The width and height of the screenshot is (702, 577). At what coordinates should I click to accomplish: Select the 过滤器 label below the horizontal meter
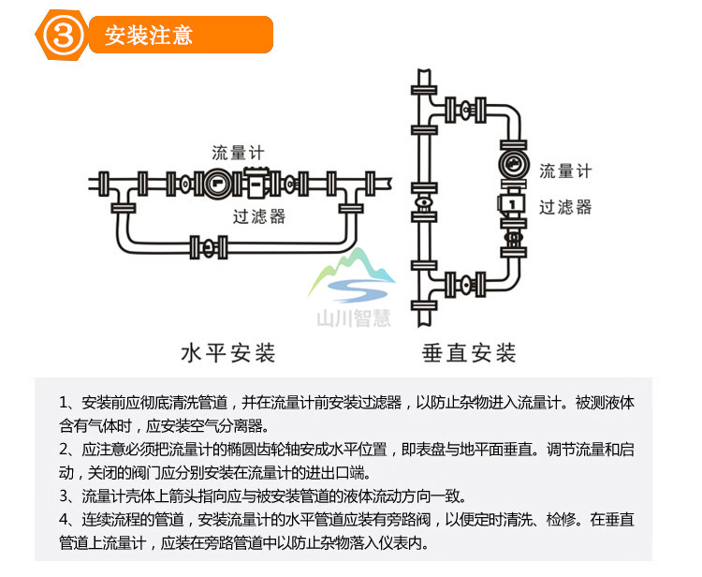[x=259, y=217]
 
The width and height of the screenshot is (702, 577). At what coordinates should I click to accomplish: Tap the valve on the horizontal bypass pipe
[x=199, y=248]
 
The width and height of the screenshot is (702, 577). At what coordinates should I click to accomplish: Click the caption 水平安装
[x=227, y=354]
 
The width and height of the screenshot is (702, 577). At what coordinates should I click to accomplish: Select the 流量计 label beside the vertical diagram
[x=565, y=171]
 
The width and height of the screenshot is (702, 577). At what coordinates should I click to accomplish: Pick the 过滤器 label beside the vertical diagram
[x=565, y=207]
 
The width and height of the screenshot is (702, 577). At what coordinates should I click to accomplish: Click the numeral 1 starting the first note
[x=65, y=404]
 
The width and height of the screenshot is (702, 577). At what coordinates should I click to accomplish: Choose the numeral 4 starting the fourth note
[x=65, y=520]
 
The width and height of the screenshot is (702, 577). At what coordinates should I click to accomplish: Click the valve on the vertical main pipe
[x=424, y=200]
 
